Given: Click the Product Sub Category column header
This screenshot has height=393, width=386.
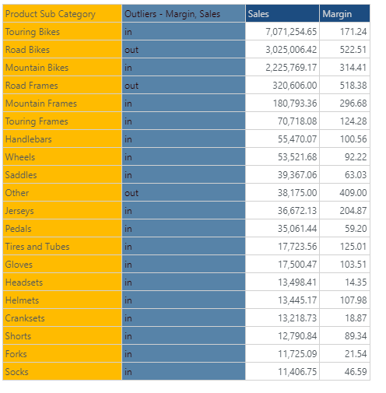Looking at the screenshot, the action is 51,14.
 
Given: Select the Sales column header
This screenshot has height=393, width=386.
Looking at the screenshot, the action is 258,14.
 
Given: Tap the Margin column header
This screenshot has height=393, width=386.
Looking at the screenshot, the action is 337,14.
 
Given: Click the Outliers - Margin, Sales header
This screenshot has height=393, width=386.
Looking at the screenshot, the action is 172,14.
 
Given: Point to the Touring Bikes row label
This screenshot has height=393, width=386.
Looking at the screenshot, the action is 33,32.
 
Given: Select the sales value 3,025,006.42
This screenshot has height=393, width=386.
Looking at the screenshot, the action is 291,50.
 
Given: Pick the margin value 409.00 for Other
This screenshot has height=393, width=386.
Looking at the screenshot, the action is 353,193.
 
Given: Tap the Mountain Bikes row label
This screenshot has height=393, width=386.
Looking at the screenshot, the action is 37,68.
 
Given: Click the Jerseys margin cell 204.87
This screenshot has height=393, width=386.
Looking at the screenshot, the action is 353,211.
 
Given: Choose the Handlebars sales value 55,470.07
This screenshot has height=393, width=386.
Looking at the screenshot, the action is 297,139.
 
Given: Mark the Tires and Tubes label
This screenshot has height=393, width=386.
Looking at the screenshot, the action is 37,247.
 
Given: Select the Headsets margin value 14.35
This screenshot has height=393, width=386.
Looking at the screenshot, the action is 356,282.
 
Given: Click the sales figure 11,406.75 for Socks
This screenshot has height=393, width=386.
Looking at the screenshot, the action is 297,372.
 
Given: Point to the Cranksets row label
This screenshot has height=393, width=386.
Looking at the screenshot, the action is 25,318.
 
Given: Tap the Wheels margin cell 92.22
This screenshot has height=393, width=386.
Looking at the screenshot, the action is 356,157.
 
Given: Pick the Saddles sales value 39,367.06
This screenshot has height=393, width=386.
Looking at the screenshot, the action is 297,175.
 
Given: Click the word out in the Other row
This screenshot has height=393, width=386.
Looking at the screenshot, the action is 132,193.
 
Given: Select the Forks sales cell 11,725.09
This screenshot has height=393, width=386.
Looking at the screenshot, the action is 297,354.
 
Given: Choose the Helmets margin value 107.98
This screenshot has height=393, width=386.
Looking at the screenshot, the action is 353,300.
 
